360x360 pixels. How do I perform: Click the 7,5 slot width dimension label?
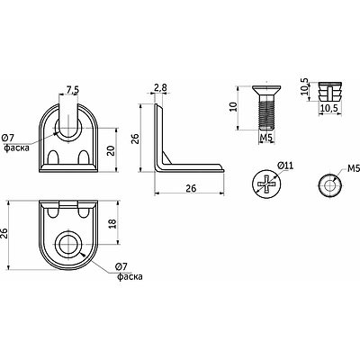point(73,89)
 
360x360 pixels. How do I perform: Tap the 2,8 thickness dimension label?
point(160,88)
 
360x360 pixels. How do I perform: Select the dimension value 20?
point(112,150)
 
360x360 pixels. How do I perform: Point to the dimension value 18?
point(112,223)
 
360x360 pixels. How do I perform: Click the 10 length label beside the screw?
point(233,107)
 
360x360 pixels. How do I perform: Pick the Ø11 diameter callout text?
point(285,166)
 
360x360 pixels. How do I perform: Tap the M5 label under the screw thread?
point(266,138)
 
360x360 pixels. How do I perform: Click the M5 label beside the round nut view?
point(354,169)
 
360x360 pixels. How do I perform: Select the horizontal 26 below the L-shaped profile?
point(191,188)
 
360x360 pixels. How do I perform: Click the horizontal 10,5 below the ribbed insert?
point(328,108)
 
